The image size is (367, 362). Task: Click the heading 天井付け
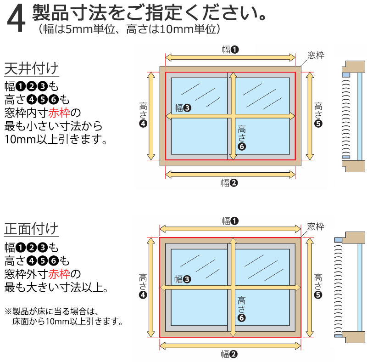[32, 69]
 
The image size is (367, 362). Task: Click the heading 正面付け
[32, 228]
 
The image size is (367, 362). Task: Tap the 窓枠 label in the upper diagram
[316, 56]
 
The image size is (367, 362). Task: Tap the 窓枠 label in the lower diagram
[316, 226]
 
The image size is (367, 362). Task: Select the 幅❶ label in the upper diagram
[231, 49]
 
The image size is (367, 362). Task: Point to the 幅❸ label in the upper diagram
[183, 108]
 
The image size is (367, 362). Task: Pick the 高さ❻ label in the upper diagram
[242, 137]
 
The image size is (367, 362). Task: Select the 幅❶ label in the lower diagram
[231, 221]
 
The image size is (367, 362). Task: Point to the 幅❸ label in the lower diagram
[183, 279]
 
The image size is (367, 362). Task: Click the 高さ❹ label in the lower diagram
[143, 285]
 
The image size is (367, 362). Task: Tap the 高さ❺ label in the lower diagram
[318, 285]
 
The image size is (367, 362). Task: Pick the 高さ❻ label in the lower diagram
[242, 309]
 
